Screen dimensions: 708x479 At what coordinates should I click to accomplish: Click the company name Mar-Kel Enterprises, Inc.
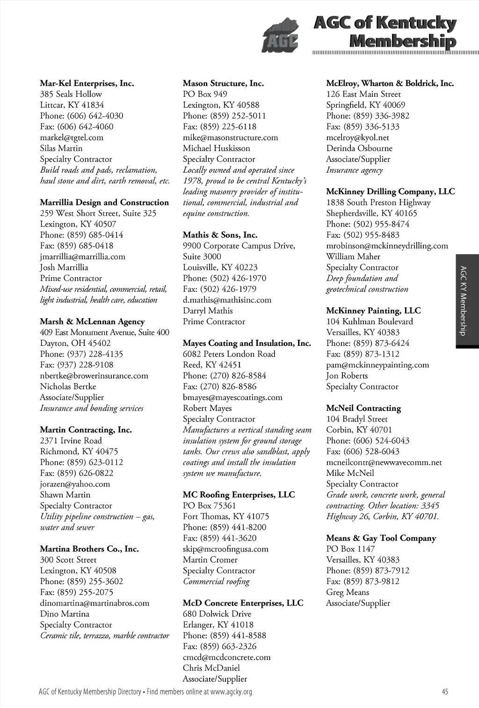(x=87, y=84)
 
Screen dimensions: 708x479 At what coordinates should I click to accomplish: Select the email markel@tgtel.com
(x=72, y=138)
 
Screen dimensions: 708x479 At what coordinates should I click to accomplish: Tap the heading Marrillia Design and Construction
(x=104, y=203)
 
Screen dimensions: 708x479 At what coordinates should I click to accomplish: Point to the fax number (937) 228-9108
(x=77, y=365)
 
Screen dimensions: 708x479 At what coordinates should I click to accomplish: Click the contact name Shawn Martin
(x=65, y=495)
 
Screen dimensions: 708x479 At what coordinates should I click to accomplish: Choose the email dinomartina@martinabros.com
(x=94, y=603)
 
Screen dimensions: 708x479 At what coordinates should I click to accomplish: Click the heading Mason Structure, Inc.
(x=223, y=84)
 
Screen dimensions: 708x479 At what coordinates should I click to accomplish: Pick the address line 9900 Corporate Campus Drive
(x=239, y=246)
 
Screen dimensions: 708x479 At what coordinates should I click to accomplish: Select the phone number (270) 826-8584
(x=225, y=376)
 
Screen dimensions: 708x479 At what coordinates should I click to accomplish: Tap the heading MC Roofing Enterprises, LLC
(x=239, y=495)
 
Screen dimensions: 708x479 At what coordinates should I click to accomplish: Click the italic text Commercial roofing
(x=216, y=582)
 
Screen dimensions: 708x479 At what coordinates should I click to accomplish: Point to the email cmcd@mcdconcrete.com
(x=226, y=657)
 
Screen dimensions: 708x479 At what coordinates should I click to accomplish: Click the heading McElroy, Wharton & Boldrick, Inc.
(x=390, y=84)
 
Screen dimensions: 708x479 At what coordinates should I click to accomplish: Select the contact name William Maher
(x=353, y=257)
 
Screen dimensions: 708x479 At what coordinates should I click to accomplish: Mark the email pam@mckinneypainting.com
(x=377, y=365)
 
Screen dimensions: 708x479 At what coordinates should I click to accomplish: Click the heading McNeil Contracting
(x=363, y=409)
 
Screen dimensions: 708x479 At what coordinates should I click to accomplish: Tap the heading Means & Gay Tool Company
(x=381, y=538)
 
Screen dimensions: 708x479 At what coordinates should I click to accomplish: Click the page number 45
(x=444, y=692)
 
